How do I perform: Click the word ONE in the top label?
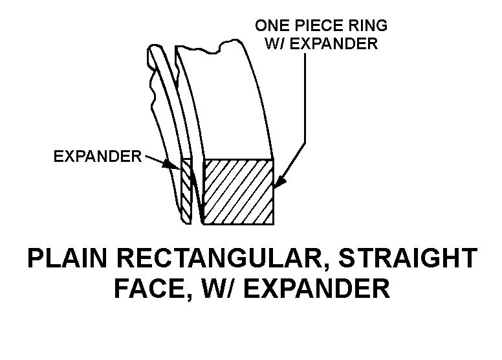[270, 26]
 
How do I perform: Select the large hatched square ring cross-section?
[238, 192]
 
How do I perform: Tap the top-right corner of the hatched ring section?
[272, 159]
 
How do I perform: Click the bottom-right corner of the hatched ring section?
[272, 224]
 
